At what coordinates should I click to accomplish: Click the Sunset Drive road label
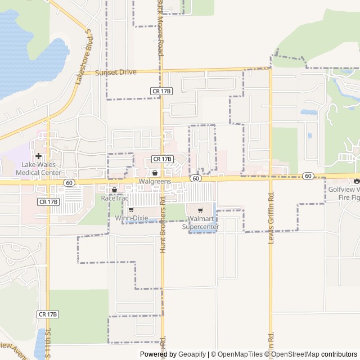pos(115,73)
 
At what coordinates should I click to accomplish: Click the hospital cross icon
pos(38,156)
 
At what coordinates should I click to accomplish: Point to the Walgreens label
pos(155,182)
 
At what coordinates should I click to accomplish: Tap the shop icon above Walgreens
pos(155,173)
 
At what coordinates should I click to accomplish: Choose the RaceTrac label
pos(114,199)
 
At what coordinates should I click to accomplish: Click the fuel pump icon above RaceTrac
pos(114,190)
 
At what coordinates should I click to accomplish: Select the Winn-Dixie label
pos(131,218)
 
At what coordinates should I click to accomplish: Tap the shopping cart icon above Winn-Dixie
pos(131,210)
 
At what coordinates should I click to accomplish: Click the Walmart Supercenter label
pos(200,222)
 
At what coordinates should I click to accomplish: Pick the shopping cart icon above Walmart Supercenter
pos(200,210)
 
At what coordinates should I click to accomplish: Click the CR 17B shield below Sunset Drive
pos(161,91)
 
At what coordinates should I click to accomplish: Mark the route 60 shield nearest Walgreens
pos(195,178)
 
